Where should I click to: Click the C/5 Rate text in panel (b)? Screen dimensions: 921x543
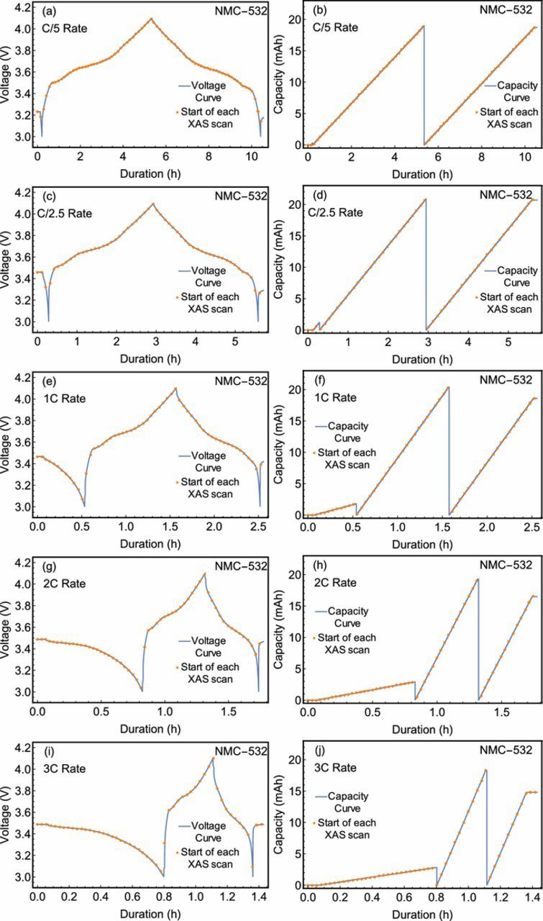(x=324, y=27)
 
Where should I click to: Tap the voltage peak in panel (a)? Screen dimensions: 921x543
(x=150, y=19)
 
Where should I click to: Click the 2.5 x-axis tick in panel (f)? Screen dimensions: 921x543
(x=531, y=527)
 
